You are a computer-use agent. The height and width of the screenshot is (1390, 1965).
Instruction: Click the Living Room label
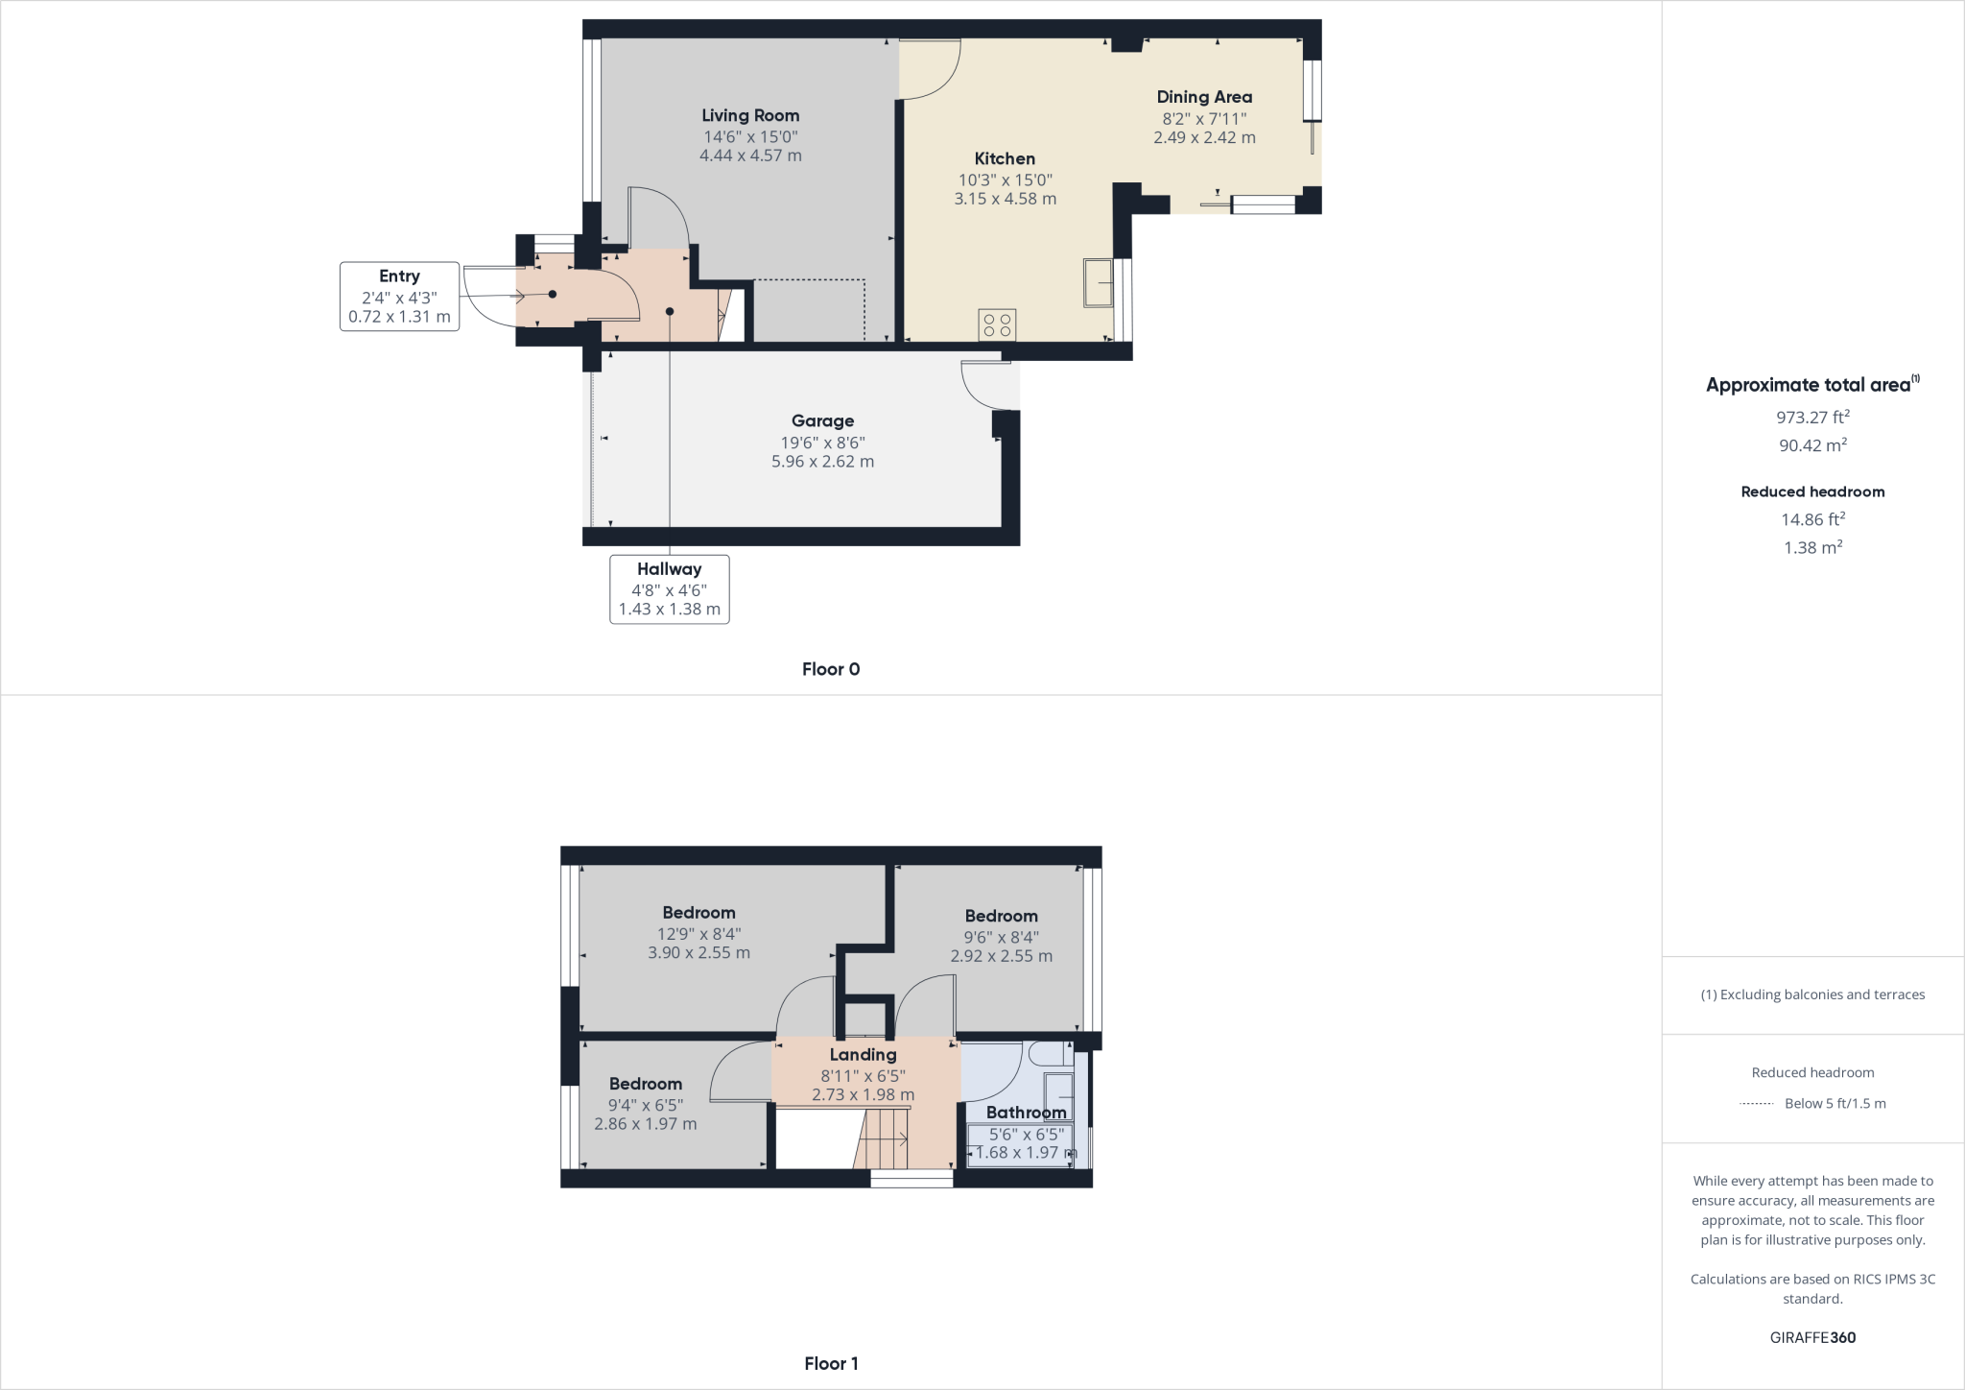[x=749, y=116]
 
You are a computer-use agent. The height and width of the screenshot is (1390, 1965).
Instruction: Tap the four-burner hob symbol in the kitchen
[x=997, y=324]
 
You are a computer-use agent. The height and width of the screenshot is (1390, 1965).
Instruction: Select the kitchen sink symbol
[x=1098, y=282]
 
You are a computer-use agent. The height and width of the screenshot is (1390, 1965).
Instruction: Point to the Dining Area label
[x=1203, y=97]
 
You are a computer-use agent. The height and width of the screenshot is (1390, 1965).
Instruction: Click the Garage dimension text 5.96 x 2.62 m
[x=822, y=462]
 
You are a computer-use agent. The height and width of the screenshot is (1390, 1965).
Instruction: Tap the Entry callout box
[x=399, y=297]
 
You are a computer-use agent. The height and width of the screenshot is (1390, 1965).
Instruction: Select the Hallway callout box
[x=669, y=588]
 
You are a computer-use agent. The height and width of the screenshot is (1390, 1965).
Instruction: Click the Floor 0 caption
[x=830, y=669]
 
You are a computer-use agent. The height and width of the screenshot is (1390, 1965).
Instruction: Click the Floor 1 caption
[x=830, y=1363]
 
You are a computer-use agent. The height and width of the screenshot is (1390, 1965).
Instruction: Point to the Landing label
[x=863, y=1055]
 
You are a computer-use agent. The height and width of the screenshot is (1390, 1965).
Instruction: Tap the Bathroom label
[x=1026, y=1113]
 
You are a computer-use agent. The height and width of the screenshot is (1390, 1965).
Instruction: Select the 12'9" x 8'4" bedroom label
[x=698, y=913]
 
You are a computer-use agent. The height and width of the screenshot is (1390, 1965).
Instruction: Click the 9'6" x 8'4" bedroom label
[x=1001, y=916]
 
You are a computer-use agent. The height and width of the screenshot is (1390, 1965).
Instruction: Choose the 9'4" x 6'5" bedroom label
[x=645, y=1084]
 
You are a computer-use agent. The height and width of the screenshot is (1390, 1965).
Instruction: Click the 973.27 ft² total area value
[x=1811, y=418]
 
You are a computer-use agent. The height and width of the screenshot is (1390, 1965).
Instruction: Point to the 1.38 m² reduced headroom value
[x=1811, y=547]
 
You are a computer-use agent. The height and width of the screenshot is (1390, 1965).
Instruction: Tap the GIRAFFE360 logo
[x=1811, y=1337]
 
